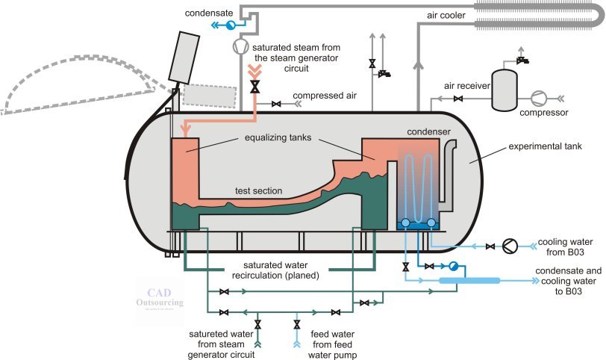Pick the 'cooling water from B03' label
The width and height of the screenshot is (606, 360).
point(565,246)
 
